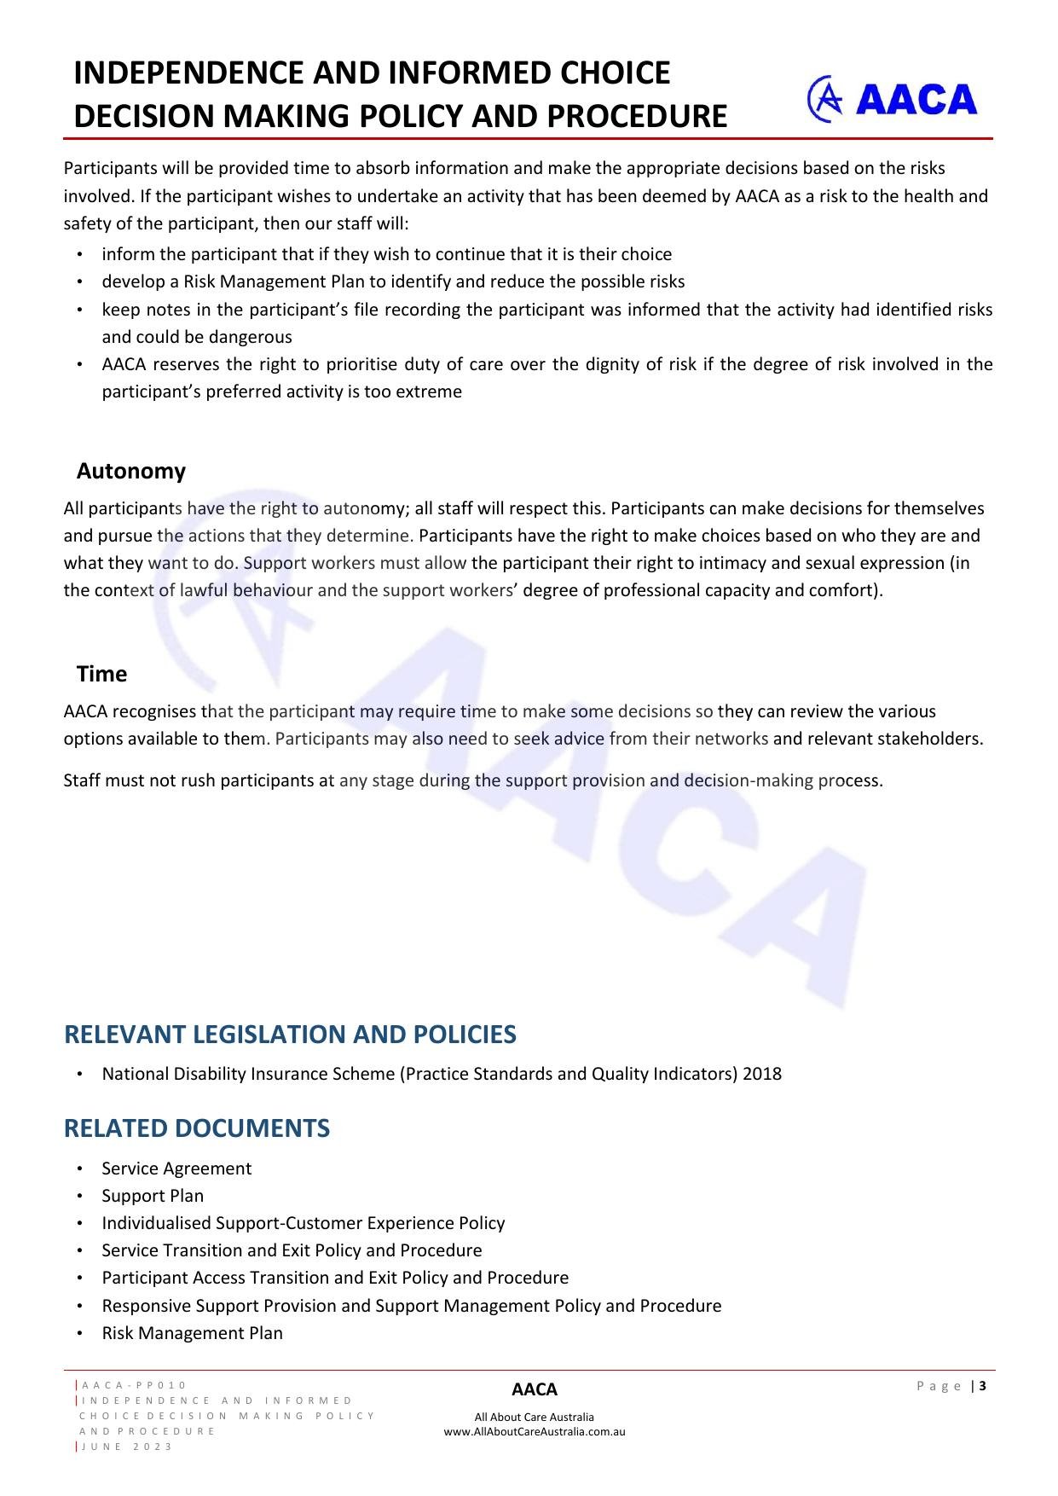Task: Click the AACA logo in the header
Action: pyautogui.click(x=892, y=100)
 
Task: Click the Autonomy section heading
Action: pyautogui.click(x=130, y=471)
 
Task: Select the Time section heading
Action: pyautogui.click(x=101, y=674)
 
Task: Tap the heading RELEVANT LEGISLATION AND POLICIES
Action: pyautogui.click(x=290, y=1034)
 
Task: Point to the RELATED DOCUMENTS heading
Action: pyautogui.click(x=197, y=1128)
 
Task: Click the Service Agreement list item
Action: pyautogui.click(x=176, y=1168)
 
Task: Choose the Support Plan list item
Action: pyautogui.click(x=153, y=1196)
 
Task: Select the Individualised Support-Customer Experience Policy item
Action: pyautogui.click(x=303, y=1223)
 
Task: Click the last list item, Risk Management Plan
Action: pyautogui.click(x=192, y=1333)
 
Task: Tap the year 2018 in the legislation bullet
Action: pyautogui.click(x=762, y=1074)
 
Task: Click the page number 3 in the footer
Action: pyautogui.click(x=983, y=1386)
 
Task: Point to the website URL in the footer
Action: pyautogui.click(x=535, y=1432)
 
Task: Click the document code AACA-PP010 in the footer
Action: pyautogui.click(x=134, y=1385)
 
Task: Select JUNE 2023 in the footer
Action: pyautogui.click(x=126, y=1447)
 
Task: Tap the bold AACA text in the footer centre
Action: pyautogui.click(x=535, y=1389)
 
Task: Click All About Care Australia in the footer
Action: pyautogui.click(x=535, y=1418)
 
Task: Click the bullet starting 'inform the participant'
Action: pyautogui.click(x=386, y=254)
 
